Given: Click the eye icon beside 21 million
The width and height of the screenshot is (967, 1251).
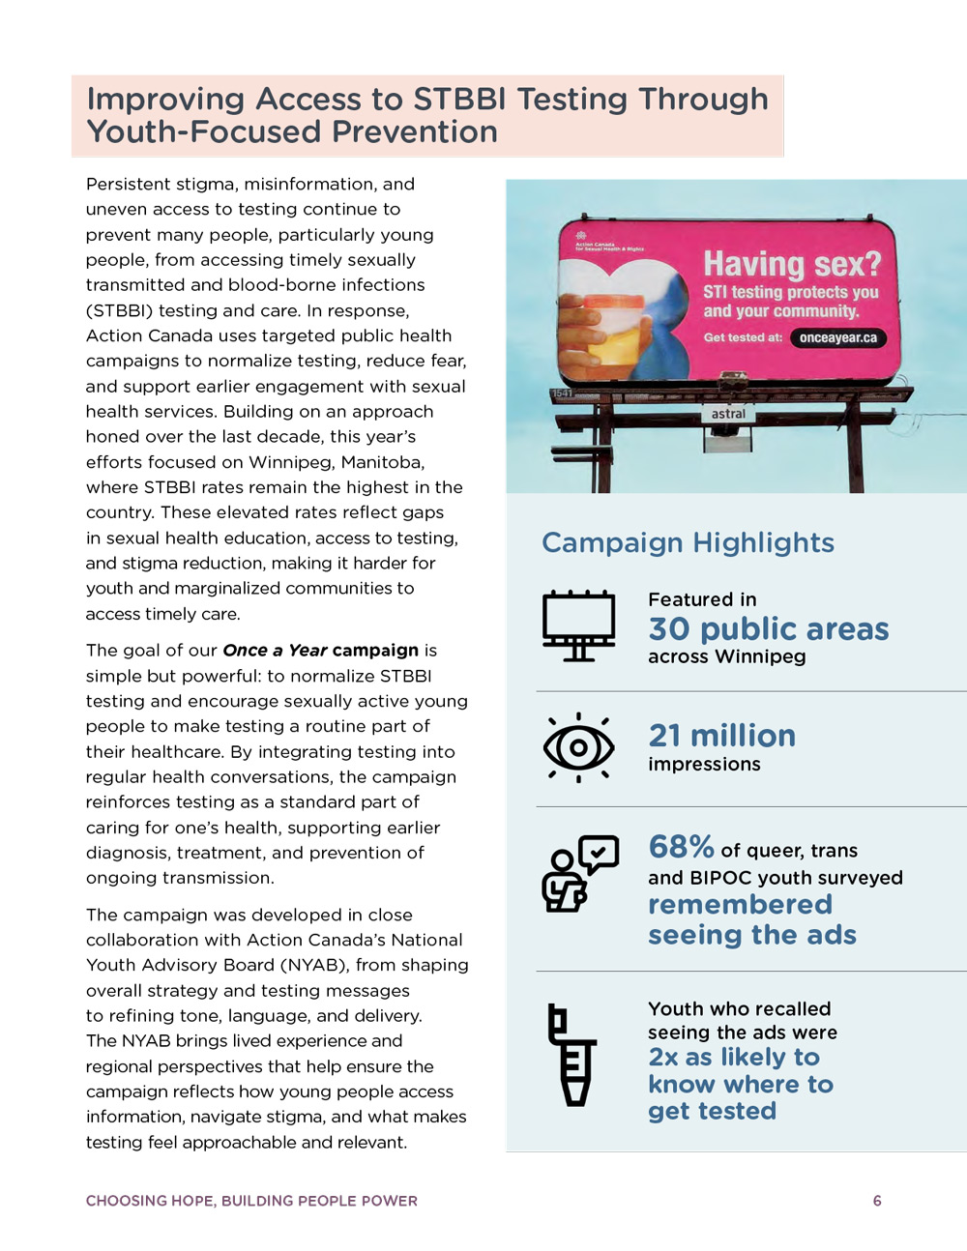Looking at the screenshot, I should (x=578, y=747).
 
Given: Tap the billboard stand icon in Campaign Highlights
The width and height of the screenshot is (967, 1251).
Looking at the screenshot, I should (x=578, y=625).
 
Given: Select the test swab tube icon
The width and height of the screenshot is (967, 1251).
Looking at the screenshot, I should (x=571, y=1055).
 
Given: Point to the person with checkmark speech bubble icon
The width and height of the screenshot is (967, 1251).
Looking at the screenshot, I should (x=579, y=874).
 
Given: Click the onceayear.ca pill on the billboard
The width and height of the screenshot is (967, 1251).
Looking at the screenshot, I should (x=837, y=337).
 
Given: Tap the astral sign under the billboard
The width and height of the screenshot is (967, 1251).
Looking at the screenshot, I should (x=728, y=414).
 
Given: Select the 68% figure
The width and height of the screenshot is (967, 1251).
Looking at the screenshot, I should (x=681, y=847).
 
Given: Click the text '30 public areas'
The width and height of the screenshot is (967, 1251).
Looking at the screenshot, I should (x=768, y=629).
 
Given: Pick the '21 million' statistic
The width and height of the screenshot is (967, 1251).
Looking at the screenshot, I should (x=721, y=736).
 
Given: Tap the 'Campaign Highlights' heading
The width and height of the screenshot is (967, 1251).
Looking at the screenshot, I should (x=688, y=542).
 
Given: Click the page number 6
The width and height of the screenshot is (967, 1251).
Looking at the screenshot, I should (x=877, y=1201).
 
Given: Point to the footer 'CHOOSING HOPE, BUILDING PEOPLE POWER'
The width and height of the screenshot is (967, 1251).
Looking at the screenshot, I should (x=251, y=1201).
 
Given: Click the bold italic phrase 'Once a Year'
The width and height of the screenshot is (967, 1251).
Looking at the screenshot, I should (x=275, y=651).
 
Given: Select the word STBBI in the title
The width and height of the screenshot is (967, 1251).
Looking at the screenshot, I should (x=460, y=99).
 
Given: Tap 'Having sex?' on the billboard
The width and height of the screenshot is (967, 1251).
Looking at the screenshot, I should (x=792, y=263).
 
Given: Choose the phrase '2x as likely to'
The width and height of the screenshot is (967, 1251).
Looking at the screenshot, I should (x=734, y=1058).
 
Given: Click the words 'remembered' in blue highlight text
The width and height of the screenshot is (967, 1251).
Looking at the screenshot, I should (x=740, y=905).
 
